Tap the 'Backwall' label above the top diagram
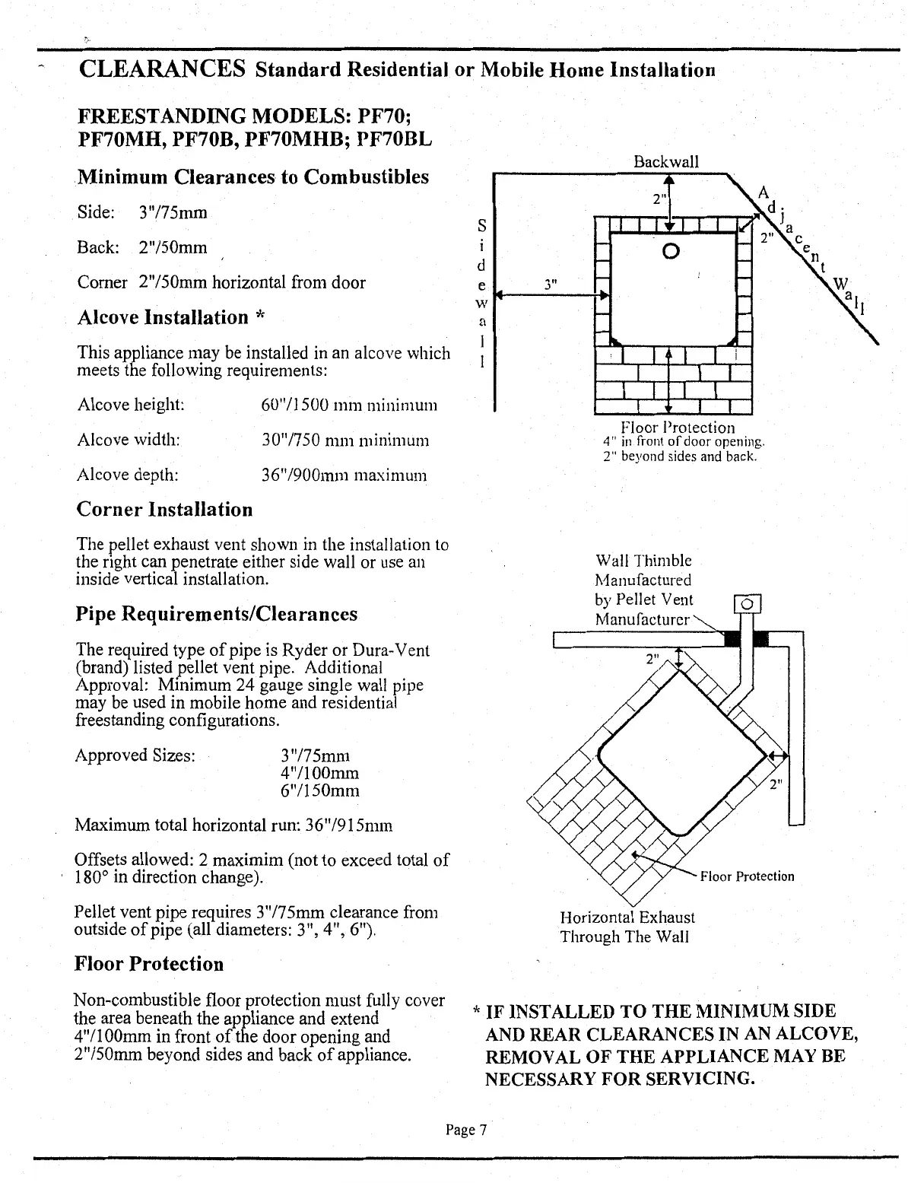tap(666, 162)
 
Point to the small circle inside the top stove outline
tap(669, 250)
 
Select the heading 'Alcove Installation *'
tap(170, 317)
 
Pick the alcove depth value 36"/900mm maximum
tap(343, 475)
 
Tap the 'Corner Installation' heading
tap(164, 509)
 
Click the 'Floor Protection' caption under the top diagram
tap(678, 428)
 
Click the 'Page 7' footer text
tap(465, 1130)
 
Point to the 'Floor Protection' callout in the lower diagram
tap(747, 876)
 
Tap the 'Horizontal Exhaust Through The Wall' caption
tap(627, 927)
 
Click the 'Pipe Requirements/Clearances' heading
tap(217, 614)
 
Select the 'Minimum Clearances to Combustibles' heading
tap(254, 177)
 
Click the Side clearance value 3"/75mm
tap(173, 212)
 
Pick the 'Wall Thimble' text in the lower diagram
tap(643, 561)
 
